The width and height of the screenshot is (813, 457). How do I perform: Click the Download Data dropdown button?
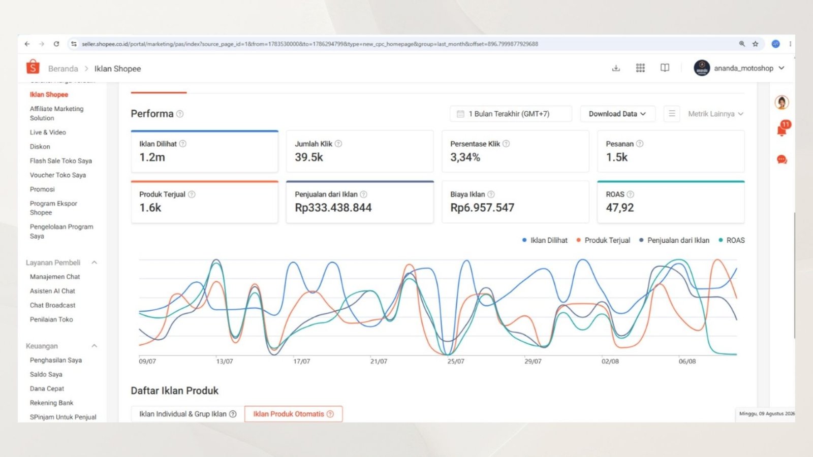(x=617, y=114)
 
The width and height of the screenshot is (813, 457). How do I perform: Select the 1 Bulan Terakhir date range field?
(x=511, y=114)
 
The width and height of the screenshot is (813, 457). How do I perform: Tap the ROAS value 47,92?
(x=619, y=208)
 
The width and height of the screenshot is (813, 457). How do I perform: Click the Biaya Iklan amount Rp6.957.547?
(x=482, y=208)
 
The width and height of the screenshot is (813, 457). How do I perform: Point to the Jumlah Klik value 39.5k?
(x=308, y=157)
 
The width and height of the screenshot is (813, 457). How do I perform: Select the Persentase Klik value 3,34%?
(x=465, y=157)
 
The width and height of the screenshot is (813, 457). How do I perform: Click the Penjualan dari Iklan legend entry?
(x=674, y=240)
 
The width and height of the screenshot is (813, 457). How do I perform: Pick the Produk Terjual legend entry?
(x=603, y=240)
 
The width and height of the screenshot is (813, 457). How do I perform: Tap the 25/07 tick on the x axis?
(x=455, y=361)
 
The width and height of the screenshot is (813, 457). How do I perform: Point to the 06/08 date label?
(x=687, y=361)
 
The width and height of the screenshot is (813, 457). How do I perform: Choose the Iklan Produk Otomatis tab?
(x=293, y=414)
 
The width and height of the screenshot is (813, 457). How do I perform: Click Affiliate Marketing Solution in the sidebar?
(x=56, y=113)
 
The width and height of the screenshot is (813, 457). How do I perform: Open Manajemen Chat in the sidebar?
(x=55, y=277)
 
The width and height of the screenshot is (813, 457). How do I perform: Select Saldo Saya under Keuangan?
(x=46, y=374)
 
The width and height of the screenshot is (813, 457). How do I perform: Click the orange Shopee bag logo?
(x=33, y=67)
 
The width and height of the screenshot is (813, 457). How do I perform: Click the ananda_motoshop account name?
(x=744, y=68)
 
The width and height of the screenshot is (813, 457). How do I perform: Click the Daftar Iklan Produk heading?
(x=175, y=390)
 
